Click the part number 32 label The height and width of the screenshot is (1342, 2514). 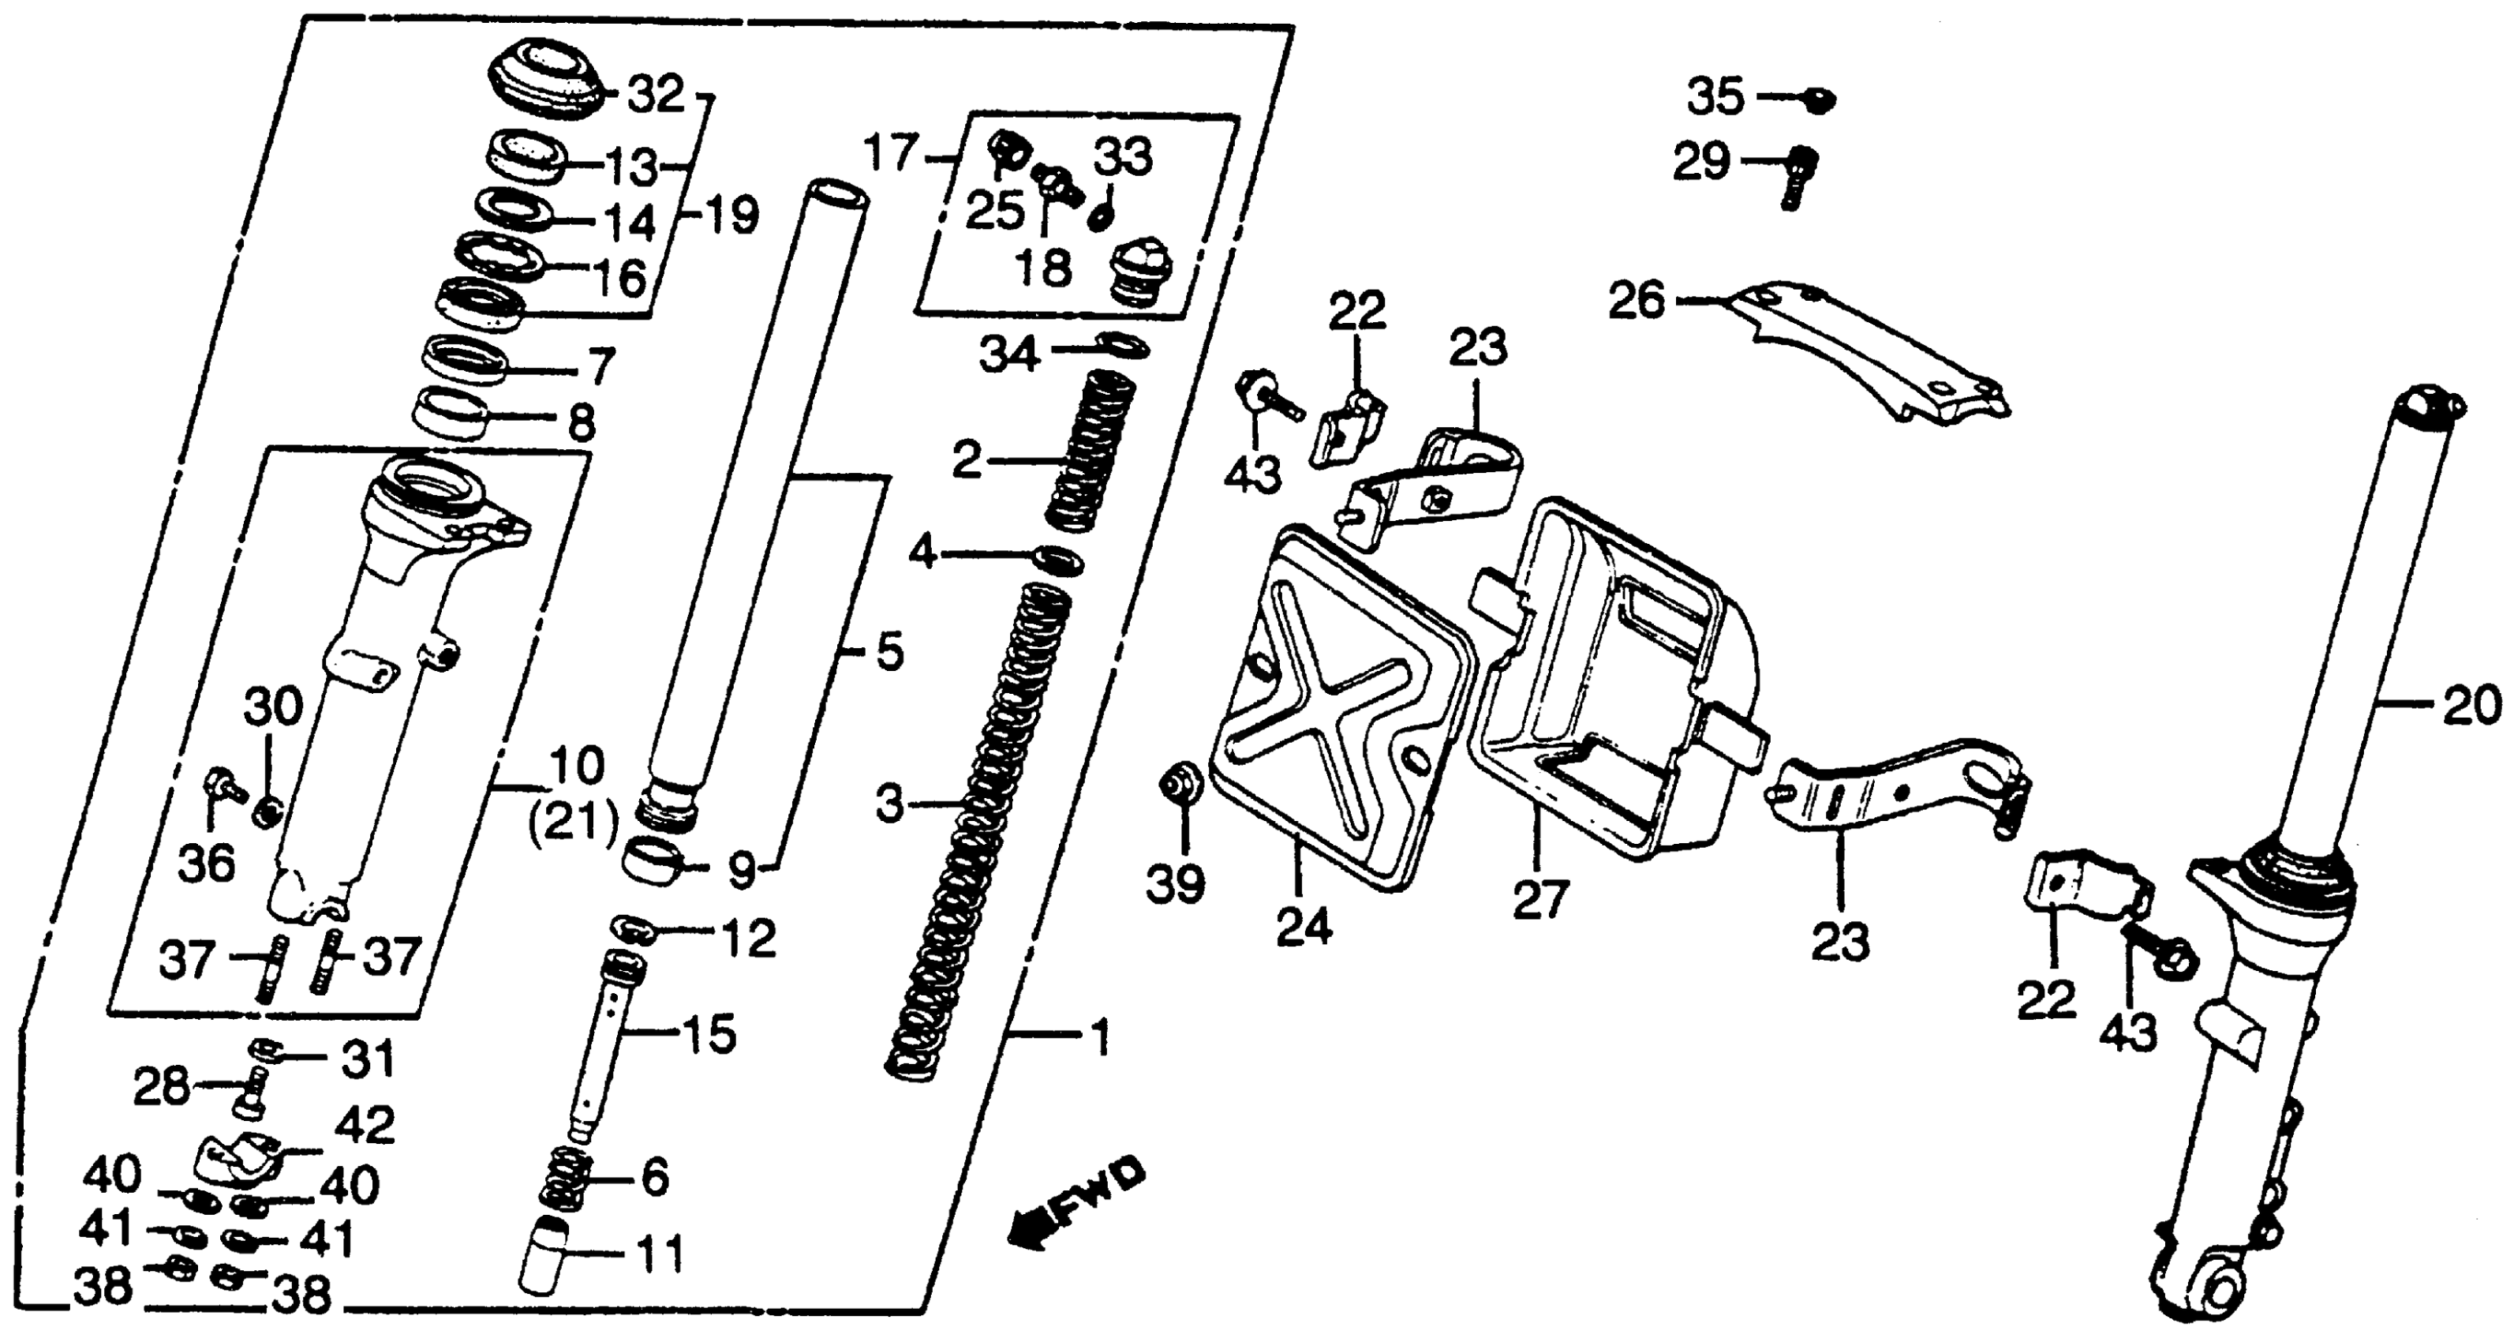[x=655, y=96]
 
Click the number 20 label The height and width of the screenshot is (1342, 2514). [x=2471, y=706]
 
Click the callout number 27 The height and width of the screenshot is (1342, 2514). [x=1540, y=899]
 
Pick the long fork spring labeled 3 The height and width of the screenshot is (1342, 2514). [x=976, y=830]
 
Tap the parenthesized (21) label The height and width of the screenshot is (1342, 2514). [x=574, y=826]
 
